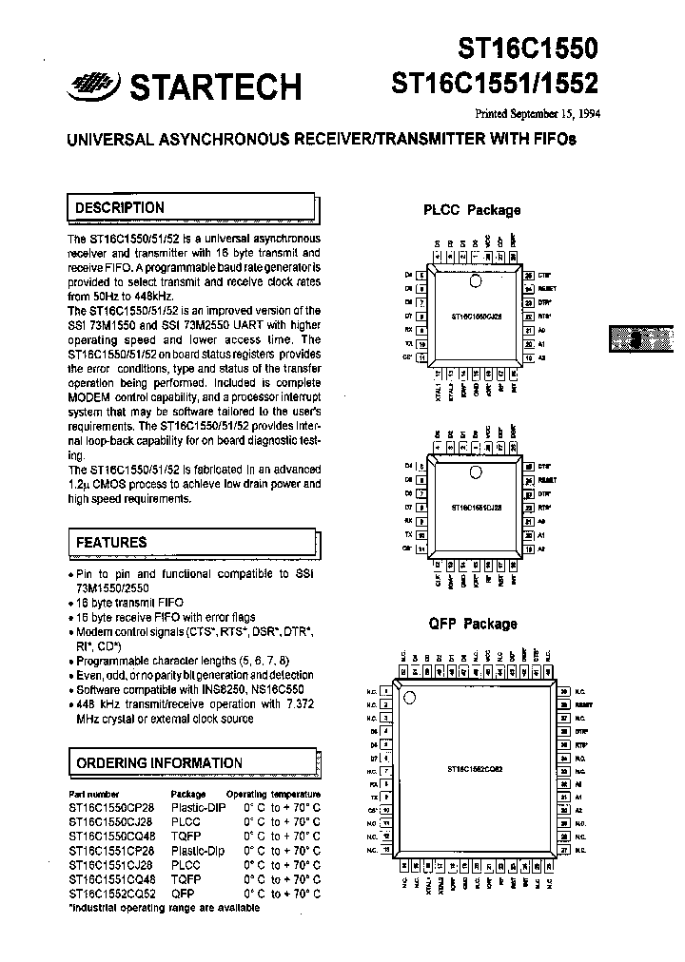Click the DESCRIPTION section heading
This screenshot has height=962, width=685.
(x=119, y=207)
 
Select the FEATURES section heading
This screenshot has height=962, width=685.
(x=111, y=542)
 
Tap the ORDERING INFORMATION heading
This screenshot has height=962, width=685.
(x=159, y=762)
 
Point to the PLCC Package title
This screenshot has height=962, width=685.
(x=472, y=210)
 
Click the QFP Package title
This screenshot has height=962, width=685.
(x=473, y=624)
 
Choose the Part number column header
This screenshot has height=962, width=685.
(x=94, y=793)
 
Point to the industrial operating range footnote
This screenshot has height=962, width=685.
(x=164, y=908)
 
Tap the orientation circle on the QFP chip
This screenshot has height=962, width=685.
(x=411, y=700)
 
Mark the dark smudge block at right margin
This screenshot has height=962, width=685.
(x=640, y=339)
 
